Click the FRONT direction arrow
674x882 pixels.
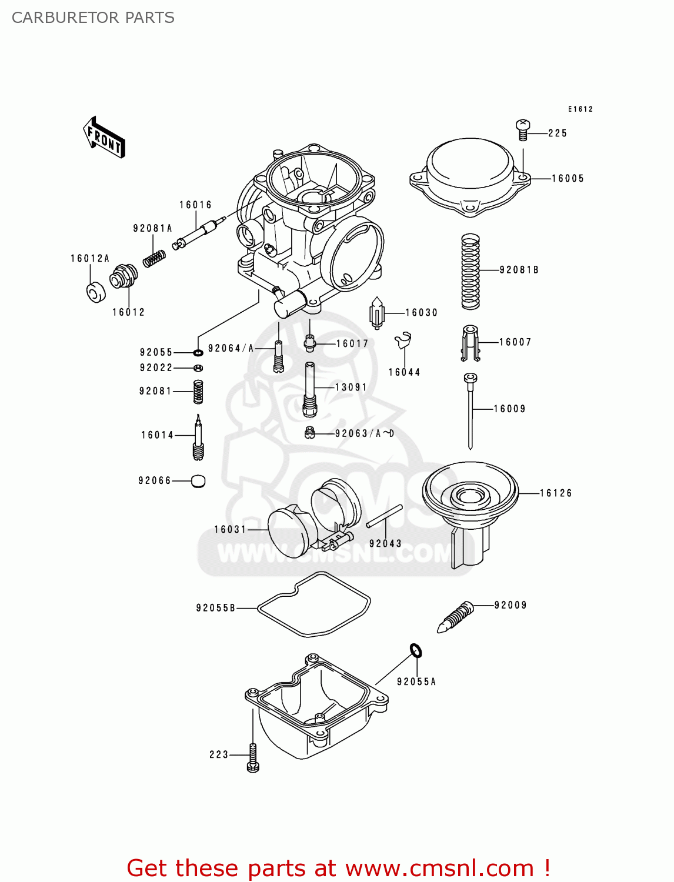tap(104, 138)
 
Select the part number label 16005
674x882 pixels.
tap(568, 179)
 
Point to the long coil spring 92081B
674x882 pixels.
tap(470, 271)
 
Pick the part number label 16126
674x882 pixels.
tap(556, 493)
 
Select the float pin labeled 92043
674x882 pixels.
tap(384, 517)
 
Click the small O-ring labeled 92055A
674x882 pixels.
tap(416, 650)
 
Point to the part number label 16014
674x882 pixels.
tap(157, 435)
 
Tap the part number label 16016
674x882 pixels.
tap(195, 205)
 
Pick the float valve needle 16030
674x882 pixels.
tap(376, 313)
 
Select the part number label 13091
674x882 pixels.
tap(351, 387)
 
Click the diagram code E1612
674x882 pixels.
tap(580, 109)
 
